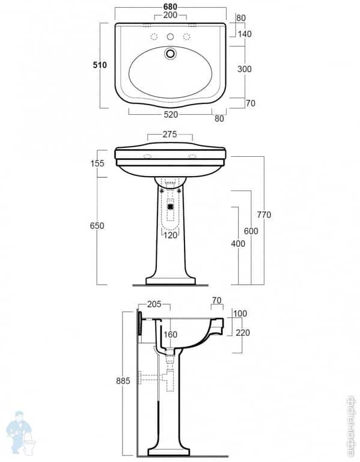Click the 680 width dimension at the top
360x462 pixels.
click(x=169, y=5)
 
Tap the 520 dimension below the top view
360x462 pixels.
click(x=169, y=113)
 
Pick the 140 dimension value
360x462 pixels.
click(x=244, y=34)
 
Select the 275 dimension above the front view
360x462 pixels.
click(x=169, y=135)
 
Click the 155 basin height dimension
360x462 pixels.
click(x=98, y=163)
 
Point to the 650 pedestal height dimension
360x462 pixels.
click(x=97, y=226)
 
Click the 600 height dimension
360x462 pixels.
click(x=251, y=231)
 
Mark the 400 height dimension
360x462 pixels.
click(x=238, y=243)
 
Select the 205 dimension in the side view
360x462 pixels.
click(x=154, y=305)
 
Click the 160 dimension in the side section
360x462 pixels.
click(x=171, y=335)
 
